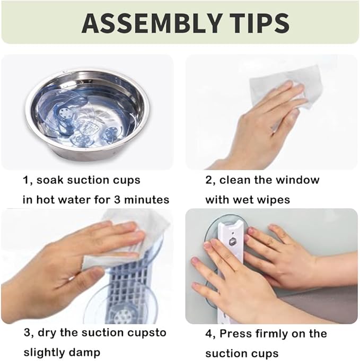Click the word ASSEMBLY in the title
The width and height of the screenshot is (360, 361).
pyautogui.click(x=152, y=23)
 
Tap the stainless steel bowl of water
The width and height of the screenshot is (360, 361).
pyautogui.click(x=87, y=113)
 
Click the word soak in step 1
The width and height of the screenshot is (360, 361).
pyautogui.click(x=50, y=180)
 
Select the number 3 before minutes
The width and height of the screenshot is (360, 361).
pyautogui.click(x=117, y=200)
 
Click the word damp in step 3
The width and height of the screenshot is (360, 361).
pyautogui.click(x=86, y=353)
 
